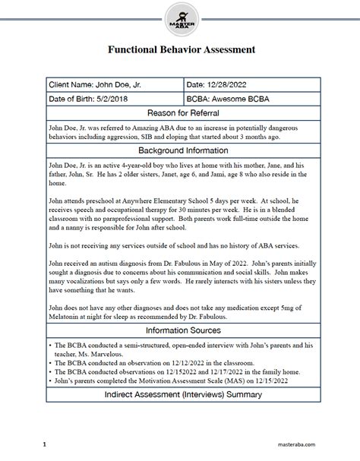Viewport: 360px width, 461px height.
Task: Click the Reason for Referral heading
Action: pos(180,112)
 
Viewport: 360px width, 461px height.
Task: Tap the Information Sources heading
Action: pos(180,330)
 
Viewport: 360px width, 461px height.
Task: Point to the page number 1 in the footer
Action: pos(45,444)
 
